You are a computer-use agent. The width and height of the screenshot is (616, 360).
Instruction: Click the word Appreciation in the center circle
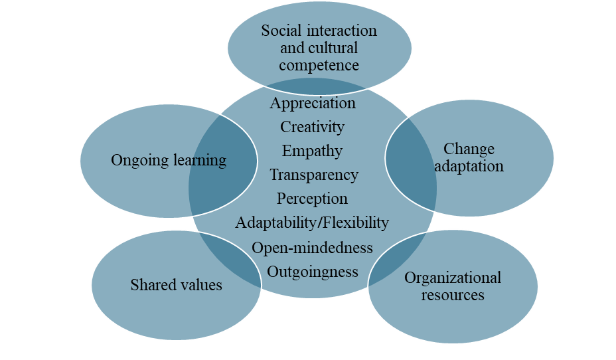point(313,104)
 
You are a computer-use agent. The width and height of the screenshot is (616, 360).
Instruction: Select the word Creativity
point(312,127)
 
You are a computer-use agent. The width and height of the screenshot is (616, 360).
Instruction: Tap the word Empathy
point(312,151)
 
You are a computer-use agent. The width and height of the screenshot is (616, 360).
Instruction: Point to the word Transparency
point(313,175)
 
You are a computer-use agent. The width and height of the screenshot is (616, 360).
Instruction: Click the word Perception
point(312,199)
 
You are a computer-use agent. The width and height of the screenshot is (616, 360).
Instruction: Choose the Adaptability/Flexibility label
point(312,223)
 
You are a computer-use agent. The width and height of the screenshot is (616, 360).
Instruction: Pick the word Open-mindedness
point(312,248)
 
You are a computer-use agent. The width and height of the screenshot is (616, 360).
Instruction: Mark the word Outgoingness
point(313,272)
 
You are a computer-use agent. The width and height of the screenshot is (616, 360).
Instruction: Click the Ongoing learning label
point(169,161)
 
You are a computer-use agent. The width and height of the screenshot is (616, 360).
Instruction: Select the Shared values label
point(176,286)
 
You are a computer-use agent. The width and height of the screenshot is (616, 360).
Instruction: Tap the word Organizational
point(453,278)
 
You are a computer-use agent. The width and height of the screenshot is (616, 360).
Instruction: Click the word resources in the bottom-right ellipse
point(453,295)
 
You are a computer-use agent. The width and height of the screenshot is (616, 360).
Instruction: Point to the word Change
point(469,149)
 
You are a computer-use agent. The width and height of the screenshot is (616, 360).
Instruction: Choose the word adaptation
point(469,166)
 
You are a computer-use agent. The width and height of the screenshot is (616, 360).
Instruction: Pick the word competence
point(319,65)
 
